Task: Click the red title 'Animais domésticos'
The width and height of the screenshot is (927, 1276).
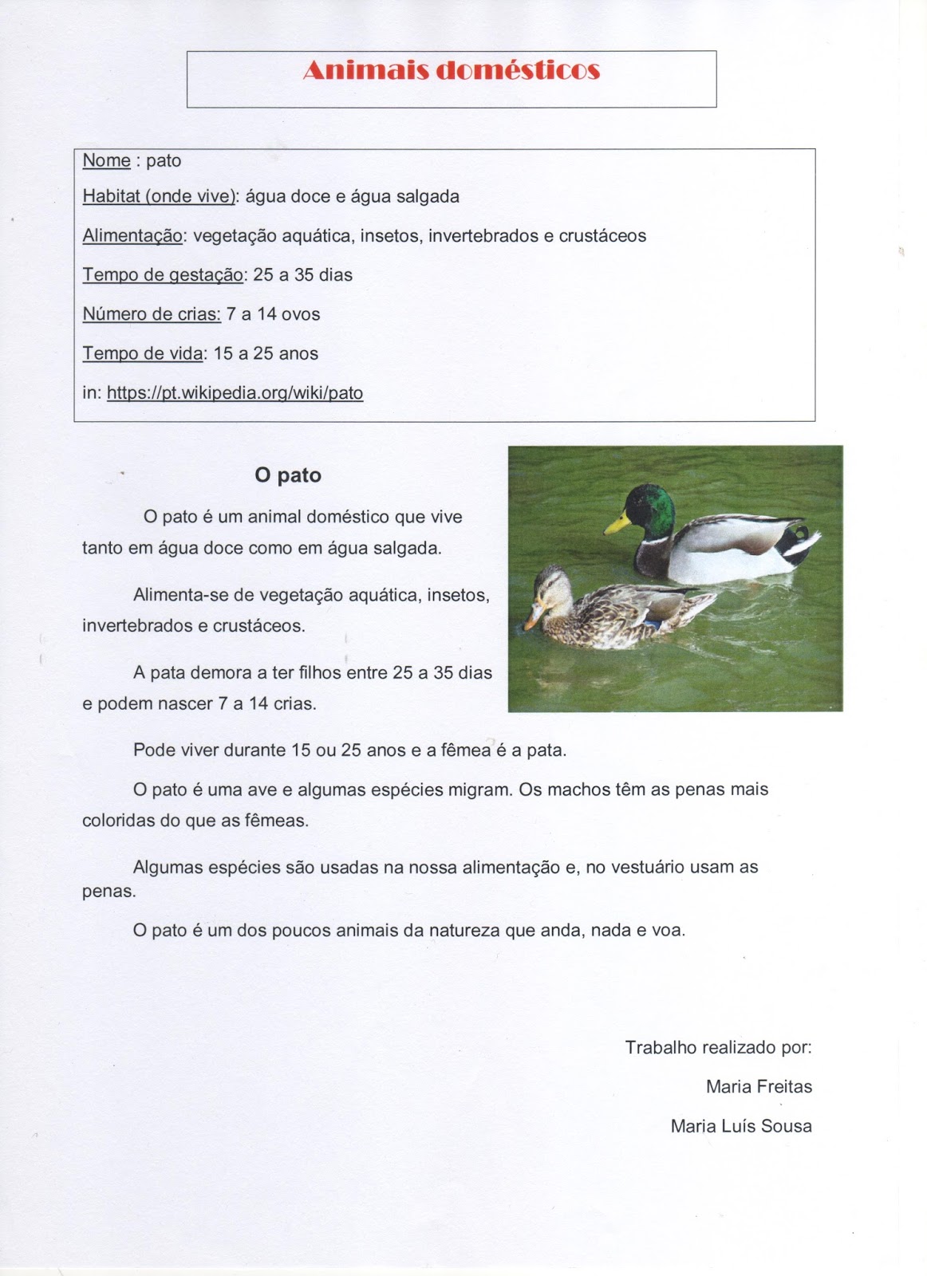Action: (451, 71)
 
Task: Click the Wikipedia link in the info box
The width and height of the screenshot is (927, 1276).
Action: (235, 393)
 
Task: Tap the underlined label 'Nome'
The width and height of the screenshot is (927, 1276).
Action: (106, 160)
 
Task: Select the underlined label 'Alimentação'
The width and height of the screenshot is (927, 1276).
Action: (132, 236)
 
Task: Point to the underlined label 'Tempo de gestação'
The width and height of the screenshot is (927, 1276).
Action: (163, 275)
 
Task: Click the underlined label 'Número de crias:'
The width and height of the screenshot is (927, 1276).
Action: (152, 314)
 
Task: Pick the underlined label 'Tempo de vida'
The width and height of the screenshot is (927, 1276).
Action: (143, 353)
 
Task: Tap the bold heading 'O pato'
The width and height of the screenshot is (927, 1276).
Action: (288, 475)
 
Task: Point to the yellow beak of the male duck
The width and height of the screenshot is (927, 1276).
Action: (615, 525)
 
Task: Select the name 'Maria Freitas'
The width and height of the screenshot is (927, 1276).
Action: (759, 1086)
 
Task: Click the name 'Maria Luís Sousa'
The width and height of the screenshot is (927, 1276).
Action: (741, 1126)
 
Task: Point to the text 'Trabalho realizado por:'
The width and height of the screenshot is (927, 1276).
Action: (718, 1047)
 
